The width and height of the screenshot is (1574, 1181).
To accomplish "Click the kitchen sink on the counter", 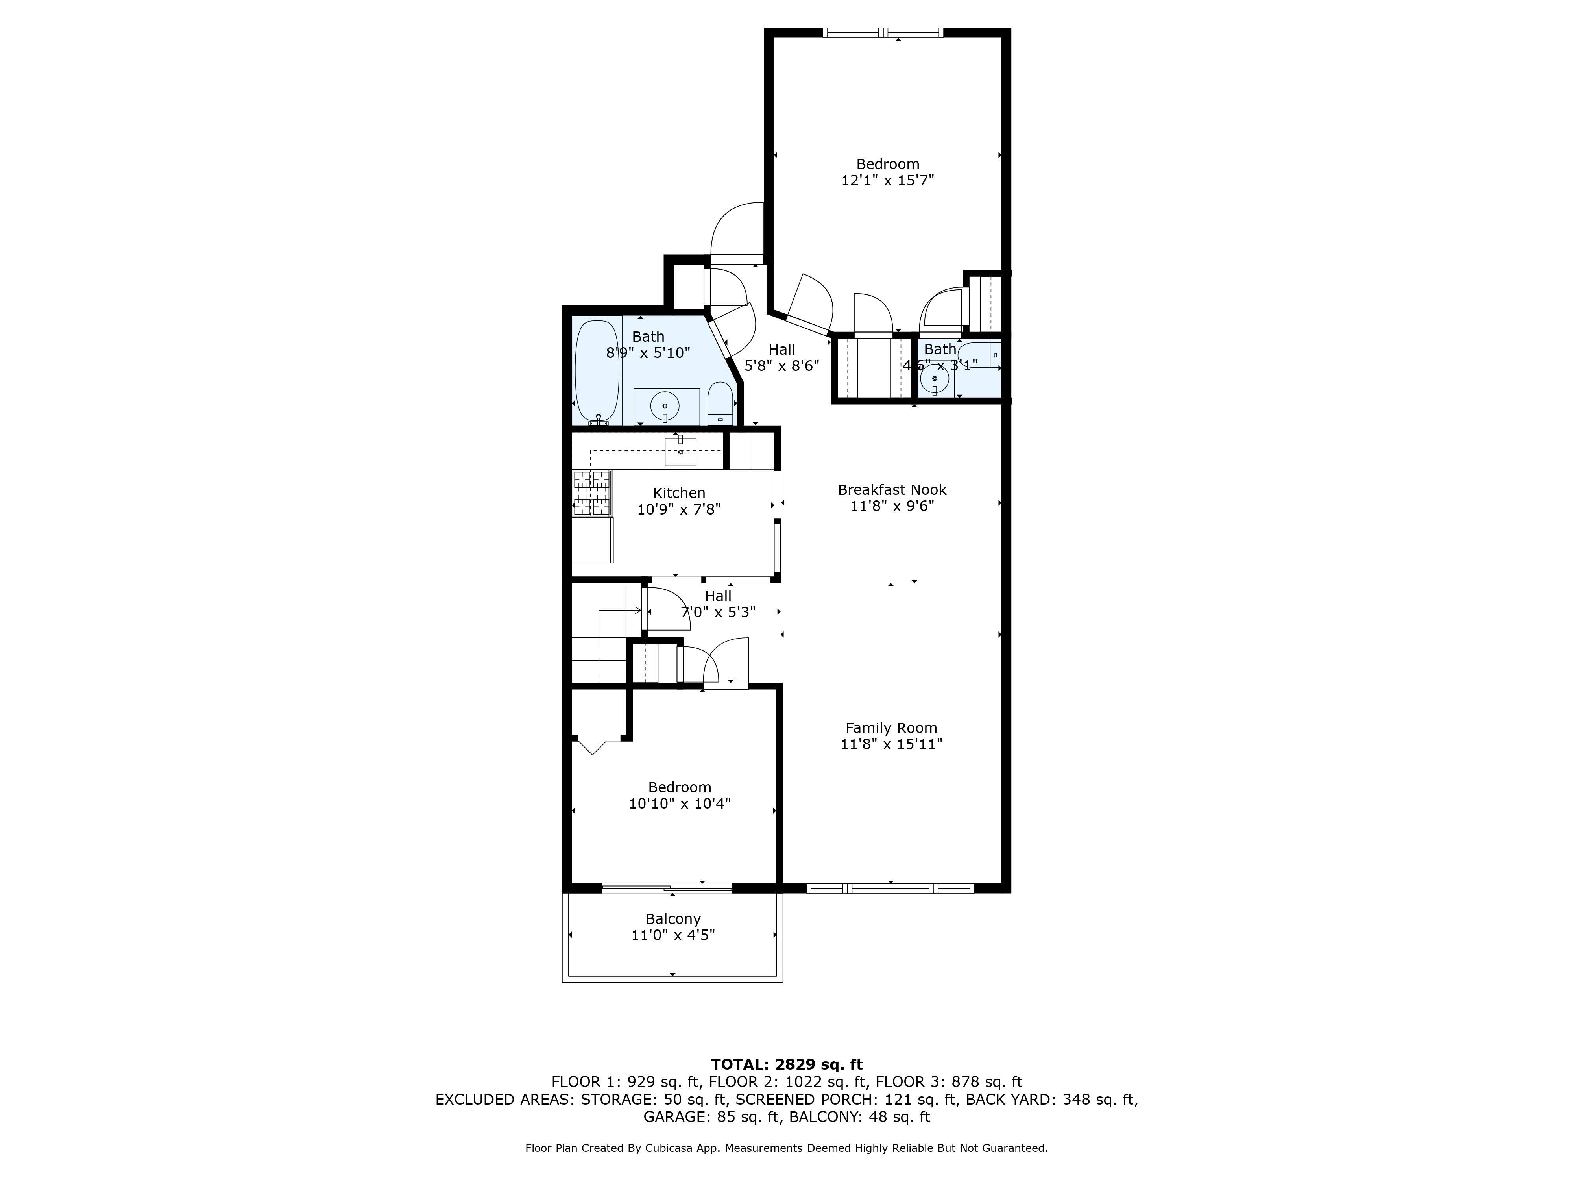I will pyautogui.click(x=680, y=451).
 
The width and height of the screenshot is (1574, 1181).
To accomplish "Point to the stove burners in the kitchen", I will pyautogui.click(x=592, y=492).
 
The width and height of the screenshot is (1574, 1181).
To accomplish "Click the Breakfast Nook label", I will pyautogui.click(x=892, y=490).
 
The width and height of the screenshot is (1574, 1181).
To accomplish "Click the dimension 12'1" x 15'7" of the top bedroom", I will pyautogui.click(x=887, y=181).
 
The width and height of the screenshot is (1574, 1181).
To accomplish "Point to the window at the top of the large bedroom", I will pyautogui.click(x=883, y=32).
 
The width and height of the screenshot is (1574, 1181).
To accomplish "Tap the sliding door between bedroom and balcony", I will pyautogui.click(x=667, y=888).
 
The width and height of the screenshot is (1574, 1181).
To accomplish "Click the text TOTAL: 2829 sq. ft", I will pyautogui.click(x=786, y=1064).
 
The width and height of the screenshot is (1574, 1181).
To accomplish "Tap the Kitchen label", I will pyautogui.click(x=679, y=492).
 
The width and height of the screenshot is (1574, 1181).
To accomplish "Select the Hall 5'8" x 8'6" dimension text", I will pyautogui.click(x=781, y=366).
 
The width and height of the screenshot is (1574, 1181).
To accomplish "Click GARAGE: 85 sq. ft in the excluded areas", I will pyautogui.click(x=711, y=1116).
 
